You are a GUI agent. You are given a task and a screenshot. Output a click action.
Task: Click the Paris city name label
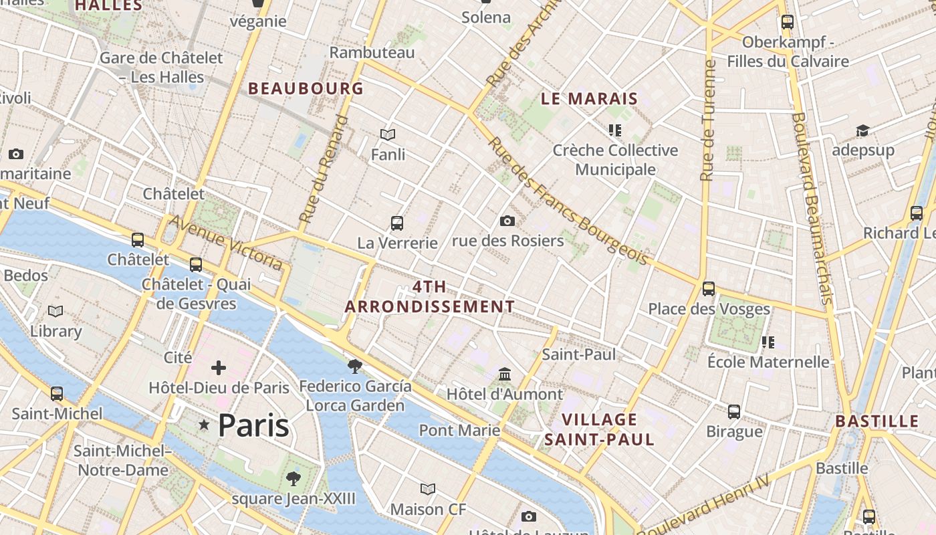(253, 425)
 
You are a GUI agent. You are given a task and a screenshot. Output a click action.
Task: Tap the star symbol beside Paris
(204, 425)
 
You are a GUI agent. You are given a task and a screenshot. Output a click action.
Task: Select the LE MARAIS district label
(589, 99)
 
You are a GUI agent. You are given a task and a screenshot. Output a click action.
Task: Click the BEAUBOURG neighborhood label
(306, 88)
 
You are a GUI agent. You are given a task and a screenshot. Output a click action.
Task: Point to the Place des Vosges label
(709, 309)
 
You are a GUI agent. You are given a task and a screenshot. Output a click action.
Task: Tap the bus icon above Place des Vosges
(709, 289)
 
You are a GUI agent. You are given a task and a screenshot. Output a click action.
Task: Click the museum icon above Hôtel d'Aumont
(505, 374)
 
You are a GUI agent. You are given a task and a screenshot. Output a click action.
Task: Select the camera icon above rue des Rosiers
(507, 221)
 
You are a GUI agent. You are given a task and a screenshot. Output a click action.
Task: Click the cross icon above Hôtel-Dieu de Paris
(219, 367)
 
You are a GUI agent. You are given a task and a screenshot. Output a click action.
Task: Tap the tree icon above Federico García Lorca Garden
(355, 366)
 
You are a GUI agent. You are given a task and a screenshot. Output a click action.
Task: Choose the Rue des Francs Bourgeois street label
(568, 201)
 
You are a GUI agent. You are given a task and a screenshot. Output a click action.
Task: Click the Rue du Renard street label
(324, 169)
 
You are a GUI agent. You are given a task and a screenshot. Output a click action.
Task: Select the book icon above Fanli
(388, 134)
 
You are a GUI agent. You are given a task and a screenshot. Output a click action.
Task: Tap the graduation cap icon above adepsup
(862, 130)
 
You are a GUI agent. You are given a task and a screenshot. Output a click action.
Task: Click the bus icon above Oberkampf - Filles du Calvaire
(788, 22)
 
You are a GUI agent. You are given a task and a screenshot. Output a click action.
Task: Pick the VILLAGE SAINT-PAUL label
(599, 429)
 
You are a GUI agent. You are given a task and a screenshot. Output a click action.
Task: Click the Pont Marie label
(459, 430)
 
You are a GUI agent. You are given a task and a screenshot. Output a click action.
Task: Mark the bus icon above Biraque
(734, 411)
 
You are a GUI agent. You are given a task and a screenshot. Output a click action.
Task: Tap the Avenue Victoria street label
(225, 242)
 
